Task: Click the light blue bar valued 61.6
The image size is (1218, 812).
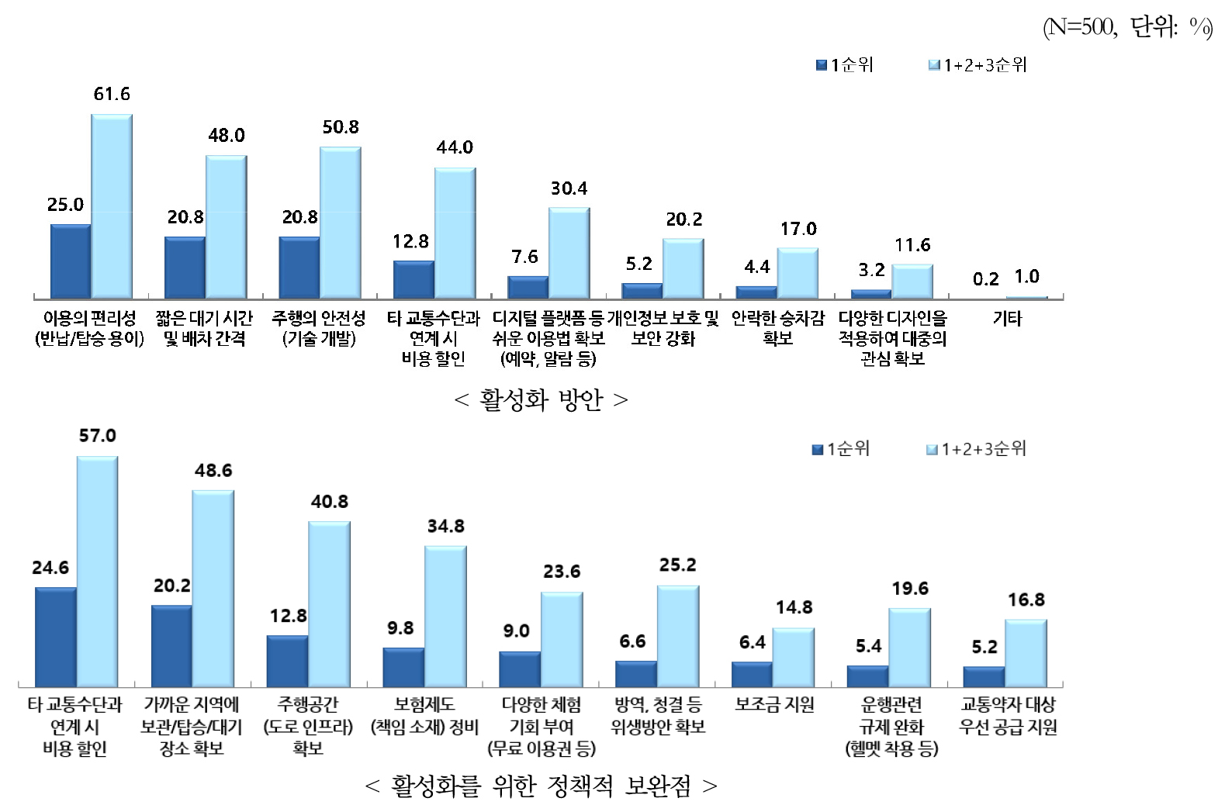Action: [x=112, y=206]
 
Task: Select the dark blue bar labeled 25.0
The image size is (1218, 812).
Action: [x=70, y=261]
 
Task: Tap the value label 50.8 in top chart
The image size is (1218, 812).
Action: [x=341, y=127]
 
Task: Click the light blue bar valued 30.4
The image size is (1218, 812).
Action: [x=569, y=253]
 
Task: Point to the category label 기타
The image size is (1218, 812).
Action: [x=1007, y=319]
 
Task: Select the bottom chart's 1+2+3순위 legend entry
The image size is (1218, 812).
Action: [x=977, y=449]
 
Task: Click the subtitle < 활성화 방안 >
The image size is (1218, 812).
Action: [x=541, y=400]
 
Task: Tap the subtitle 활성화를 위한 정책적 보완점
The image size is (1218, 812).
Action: [x=541, y=786]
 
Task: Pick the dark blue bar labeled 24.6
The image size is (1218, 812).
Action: [x=55, y=637]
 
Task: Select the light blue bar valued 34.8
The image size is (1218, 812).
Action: [x=445, y=617]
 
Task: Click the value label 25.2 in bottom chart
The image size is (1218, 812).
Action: [x=677, y=565]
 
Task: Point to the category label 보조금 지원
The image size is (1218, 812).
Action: [x=774, y=705]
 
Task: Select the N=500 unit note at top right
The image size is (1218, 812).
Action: [x=1127, y=28]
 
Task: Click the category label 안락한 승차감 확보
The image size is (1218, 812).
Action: [x=777, y=328]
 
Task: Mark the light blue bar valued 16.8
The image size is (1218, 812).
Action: [x=1026, y=653]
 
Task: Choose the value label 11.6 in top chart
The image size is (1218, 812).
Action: [x=912, y=246]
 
